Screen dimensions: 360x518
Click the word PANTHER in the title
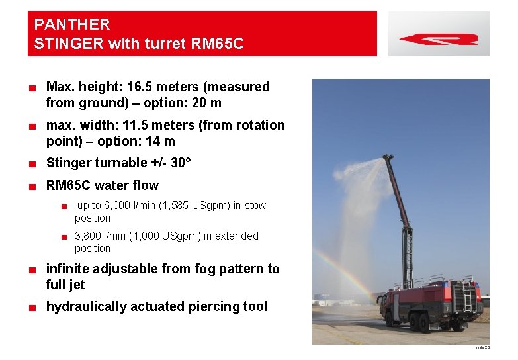click(72, 25)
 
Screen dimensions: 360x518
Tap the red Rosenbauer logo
click(438, 39)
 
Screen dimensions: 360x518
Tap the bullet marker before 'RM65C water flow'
click(32, 186)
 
